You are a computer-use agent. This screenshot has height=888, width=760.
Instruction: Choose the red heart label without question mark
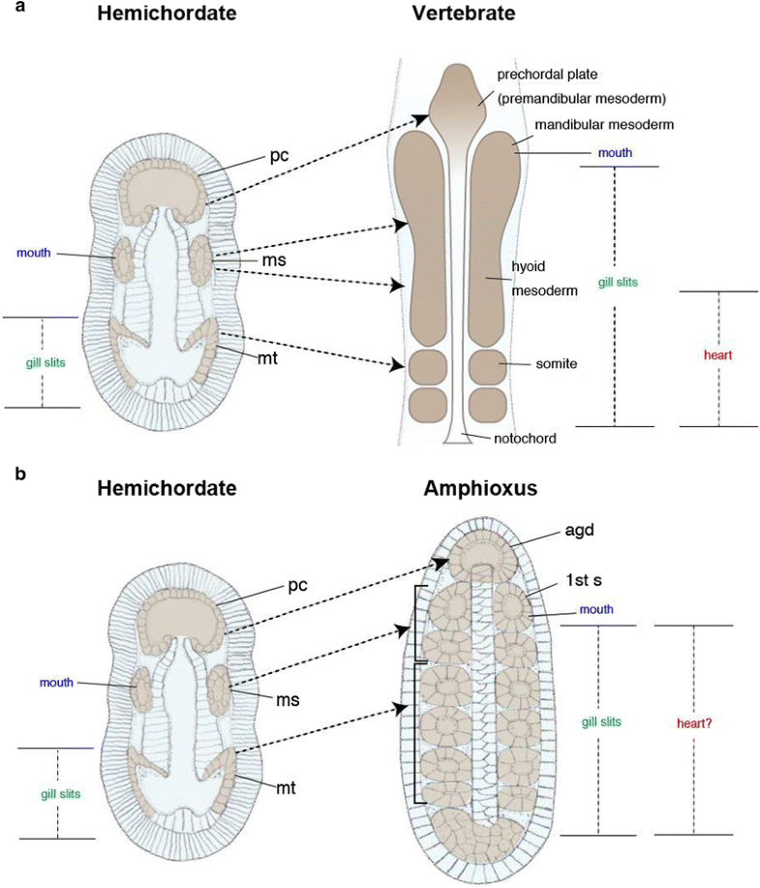coord(718,355)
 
